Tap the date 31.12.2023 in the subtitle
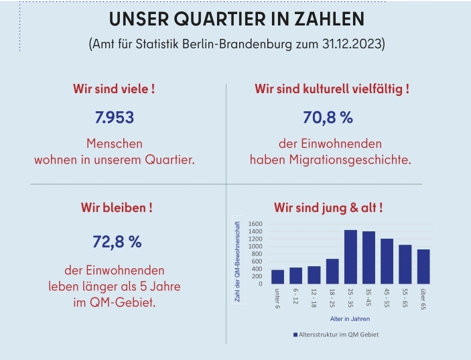pyautogui.click(x=352, y=45)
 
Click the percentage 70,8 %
pyautogui.click(x=328, y=118)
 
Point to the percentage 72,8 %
pyautogui.click(x=113, y=242)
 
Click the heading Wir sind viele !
pyautogui.click(x=113, y=88)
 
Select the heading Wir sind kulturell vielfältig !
pyautogui.click(x=331, y=88)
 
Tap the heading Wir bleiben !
pyautogui.click(x=113, y=208)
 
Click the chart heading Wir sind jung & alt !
pyautogui.click(x=328, y=208)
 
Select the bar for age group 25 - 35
pyautogui.click(x=350, y=257)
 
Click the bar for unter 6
pyautogui.click(x=277, y=276)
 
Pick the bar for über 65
pyautogui.click(x=423, y=267)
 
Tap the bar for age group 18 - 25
pyautogui.click(x=332, y=271)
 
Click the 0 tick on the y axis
pyautogui.click(x=261, y=284)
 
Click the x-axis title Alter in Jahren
pyautogui.click(x=350, y=319)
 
